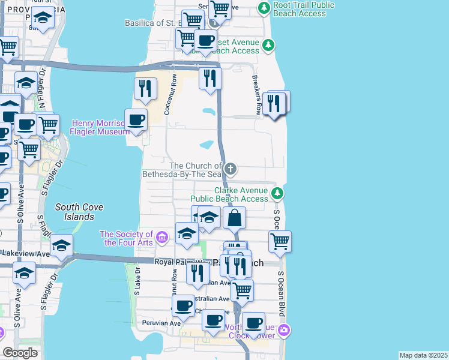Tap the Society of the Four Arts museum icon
[161, 238]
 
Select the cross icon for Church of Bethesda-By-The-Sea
[231, 168]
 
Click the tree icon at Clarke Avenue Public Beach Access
[277, 193]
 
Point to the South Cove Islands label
[79, 212]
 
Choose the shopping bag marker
[235, 217]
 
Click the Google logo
[20, 353]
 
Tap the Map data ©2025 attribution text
[423, 355]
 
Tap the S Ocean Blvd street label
[280, 294]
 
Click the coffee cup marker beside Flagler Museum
[136, 119]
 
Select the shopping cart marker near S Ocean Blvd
[280, 241]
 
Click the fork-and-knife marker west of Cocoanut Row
[145, 89]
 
